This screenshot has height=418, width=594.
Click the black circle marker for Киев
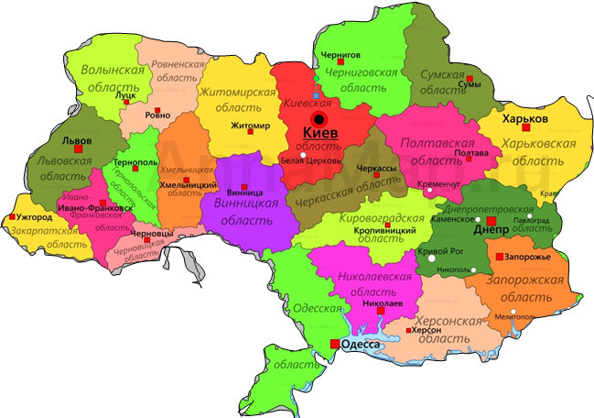pyautogui.click(x=319, y=119)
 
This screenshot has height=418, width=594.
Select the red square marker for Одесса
pyautogui.click(x=333, y=344)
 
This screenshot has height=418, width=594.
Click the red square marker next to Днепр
pyautogui.click(x=491, y=222)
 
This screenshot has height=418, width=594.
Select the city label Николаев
pyautogui.click(x=383, y=302)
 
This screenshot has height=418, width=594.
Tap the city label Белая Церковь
pyautogui.click(x=311, y=160)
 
